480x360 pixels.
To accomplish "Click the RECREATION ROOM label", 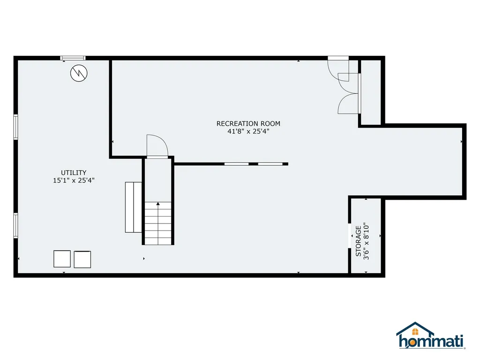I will (x=248, y=124).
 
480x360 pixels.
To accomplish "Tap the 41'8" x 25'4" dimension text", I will (x=248, y=132).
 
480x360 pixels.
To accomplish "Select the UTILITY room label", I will (x=74, y=172).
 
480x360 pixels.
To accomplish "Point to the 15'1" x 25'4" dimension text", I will (x=74, y=180).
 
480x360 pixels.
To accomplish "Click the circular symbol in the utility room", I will (x=78, y=73).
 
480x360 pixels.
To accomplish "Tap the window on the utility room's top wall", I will (x=73, y=58).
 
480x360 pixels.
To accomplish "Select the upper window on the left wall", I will (x=16, y=127).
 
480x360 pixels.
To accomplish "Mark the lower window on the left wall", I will (x=16, y=225).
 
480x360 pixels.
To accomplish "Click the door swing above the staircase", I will (x=157, y=146).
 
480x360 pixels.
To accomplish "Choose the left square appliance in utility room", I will (x=62, y=259).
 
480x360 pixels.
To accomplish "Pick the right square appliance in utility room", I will (x=82, y=259).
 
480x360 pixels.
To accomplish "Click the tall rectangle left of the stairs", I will (x=134, y=207).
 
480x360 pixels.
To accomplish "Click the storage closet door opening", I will (x=350, y=233).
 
